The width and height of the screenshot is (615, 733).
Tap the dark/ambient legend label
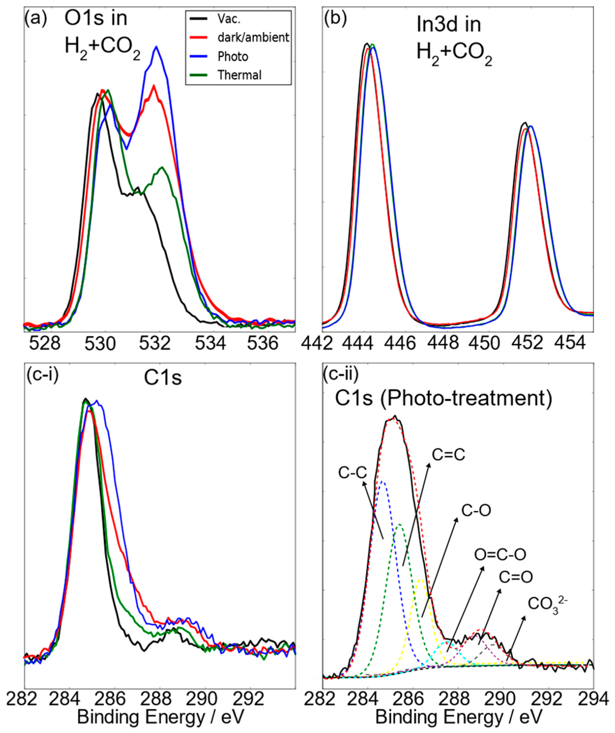pyautogui.click(x=253, y=37)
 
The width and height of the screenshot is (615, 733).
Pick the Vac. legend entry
pyautogui.click(x=229, y=19)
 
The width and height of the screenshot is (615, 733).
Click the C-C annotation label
pyautogui.click(x=353, y=473)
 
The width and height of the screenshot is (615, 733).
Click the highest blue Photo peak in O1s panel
pyautogui.click(x=156, y=47)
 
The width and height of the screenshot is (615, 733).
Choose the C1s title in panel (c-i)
pyautogui.click(x=163, y=378)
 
